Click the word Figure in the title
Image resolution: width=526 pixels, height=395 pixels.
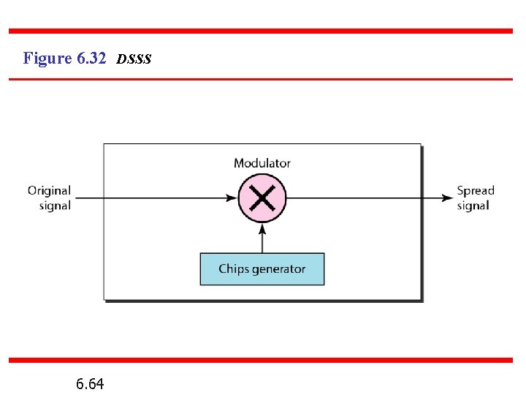pos(47,58)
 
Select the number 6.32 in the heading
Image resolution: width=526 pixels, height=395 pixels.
pos(91,58)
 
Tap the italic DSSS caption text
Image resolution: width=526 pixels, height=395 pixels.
pos(134,59)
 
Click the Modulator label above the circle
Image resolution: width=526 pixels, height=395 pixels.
pos(262,163)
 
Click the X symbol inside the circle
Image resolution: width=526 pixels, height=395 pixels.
pos(262,197)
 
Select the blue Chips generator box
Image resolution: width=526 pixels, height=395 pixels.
pos(262,269)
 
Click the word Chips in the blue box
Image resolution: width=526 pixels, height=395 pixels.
pos(233,269)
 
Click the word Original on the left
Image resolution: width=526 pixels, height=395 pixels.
pos(49,190)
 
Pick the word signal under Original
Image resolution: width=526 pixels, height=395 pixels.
pos(55,206)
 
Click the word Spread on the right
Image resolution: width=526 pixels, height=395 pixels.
pos(476,190)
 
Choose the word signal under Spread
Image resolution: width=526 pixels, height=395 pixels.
pos(473,206)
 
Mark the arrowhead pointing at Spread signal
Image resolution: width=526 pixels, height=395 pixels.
pos(446,197)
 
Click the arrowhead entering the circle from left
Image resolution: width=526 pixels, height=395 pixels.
pos(233,197)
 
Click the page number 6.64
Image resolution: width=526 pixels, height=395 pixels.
pos(89,383)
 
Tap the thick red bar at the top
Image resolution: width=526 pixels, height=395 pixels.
pos(261,31)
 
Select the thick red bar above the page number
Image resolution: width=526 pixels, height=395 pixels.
pos(261,360)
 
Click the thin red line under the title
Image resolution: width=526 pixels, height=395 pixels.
pos(261,78)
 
